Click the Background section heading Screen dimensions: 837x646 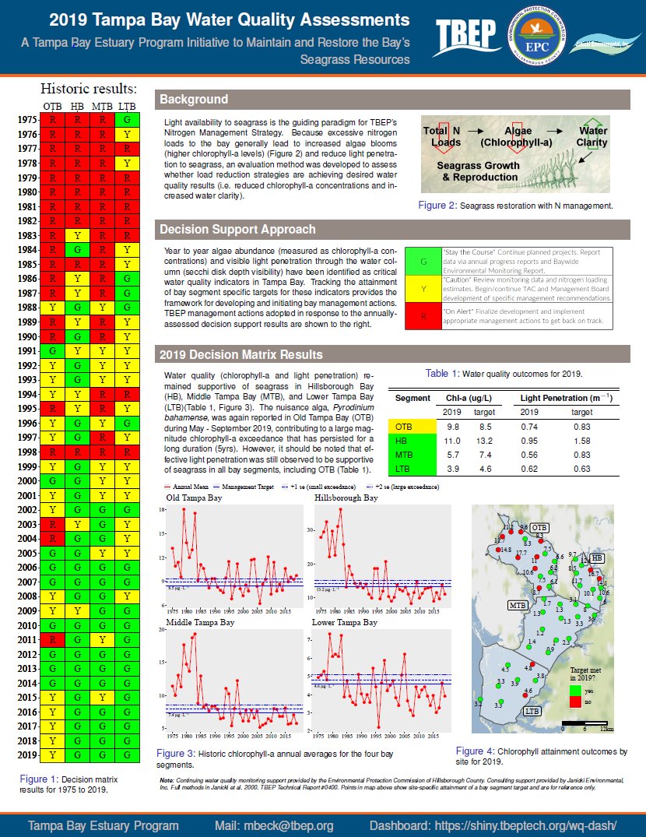(194, 100)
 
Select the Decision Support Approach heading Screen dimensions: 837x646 (237, 230)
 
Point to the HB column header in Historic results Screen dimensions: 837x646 (78, 105)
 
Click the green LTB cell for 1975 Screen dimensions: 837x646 (127, 120)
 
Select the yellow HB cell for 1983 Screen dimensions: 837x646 (78, 236)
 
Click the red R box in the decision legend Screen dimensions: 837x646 (423, 318)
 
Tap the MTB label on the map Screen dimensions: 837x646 (516, 604)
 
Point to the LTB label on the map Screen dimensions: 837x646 (533, 711)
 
